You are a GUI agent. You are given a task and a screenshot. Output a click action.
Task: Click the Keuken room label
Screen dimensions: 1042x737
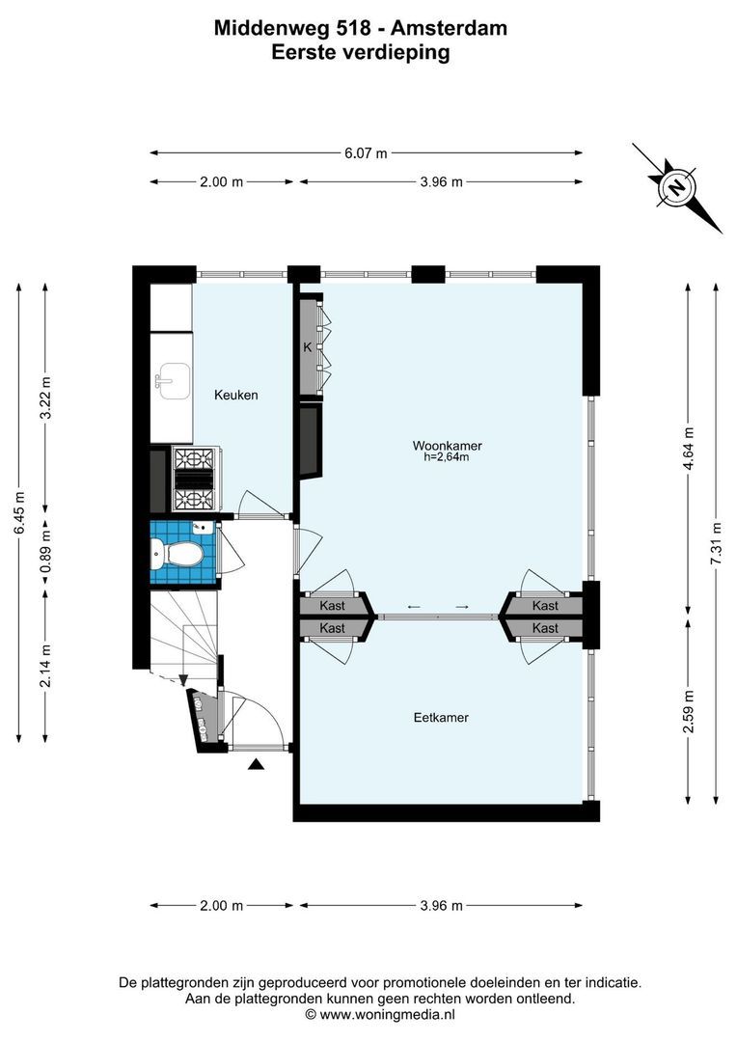(235, 395)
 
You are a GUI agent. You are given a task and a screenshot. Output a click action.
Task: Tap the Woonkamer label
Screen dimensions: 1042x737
(447, 446)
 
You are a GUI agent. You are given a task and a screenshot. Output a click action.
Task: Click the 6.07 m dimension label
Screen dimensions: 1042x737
(366, 152)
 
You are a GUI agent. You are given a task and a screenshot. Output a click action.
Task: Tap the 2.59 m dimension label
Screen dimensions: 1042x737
(687, 711)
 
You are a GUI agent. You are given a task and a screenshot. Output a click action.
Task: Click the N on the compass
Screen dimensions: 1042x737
(677, 187)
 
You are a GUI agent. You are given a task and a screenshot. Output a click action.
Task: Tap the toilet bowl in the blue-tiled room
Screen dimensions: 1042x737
(177, 553)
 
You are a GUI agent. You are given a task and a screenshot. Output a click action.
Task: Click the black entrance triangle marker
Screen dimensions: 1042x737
(256, 765)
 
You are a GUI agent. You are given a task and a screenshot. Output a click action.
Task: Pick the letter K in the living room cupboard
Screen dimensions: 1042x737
(307, 347)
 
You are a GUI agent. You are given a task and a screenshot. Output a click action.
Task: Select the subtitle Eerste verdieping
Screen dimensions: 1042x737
(361, 53)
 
